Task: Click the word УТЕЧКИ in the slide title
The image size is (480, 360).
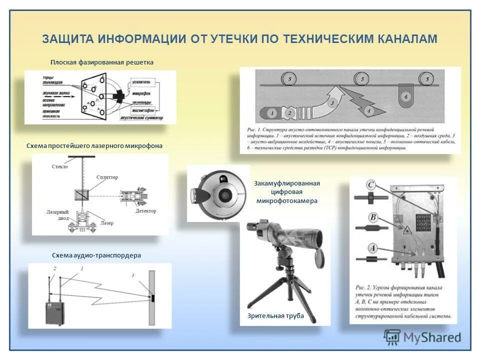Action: (242, 39)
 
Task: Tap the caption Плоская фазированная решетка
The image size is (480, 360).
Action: (101, 62)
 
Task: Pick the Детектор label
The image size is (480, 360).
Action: (145, 211)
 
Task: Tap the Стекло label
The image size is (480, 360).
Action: (59, 166)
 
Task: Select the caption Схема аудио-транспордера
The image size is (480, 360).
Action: (96, 255)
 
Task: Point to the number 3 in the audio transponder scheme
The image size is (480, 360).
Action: (133, 275)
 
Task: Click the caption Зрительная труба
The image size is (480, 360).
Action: (275, 316)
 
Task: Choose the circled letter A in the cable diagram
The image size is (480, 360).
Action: (371, 247)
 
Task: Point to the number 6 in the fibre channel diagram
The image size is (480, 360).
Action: (406, 95)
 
